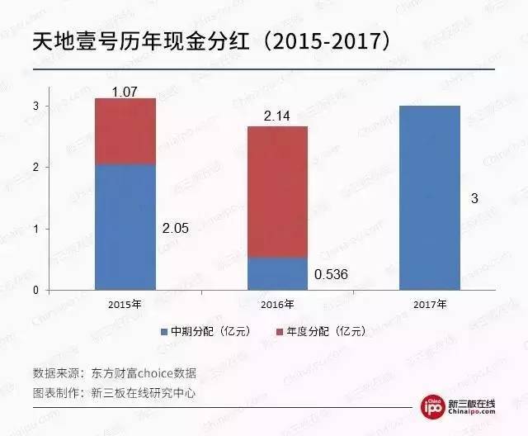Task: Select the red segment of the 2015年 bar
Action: click(x=125, y=131)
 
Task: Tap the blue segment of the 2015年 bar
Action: click(x=125, y=227)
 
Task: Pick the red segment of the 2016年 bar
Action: click(x=277, y=192)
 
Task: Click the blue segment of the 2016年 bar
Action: click(x=277, y=273)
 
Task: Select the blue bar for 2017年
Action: click(x=429, y=198)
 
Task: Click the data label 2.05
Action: click(x=175, y=229)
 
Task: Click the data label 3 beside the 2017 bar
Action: click(x=475, y=198)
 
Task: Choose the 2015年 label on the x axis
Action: click(x=125, y=305)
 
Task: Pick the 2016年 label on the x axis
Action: click(x=277, y=305)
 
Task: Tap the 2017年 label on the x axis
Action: click(x=430, y=305)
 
